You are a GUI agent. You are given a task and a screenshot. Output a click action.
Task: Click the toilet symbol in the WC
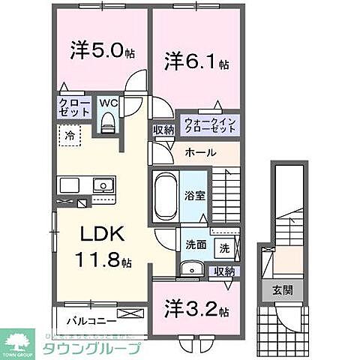(x=107, y=121)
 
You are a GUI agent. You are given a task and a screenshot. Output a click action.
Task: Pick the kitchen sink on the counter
(x=100, y=185)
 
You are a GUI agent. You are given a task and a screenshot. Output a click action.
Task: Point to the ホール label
(x=201, y=153)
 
